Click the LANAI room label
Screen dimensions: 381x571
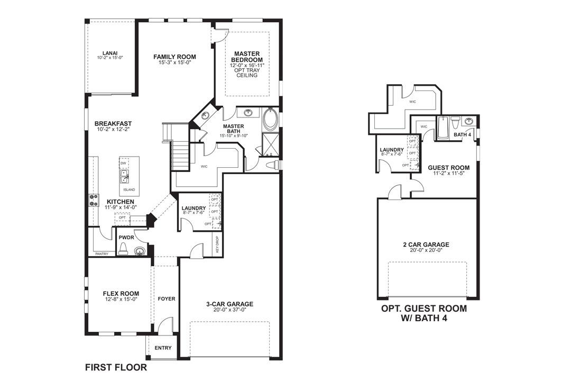110,53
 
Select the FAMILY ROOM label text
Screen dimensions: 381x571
174,57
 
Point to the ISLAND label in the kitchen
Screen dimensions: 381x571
129,189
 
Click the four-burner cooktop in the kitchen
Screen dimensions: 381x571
95,199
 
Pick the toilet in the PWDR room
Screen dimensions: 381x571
123,249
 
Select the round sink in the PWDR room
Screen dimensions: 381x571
140,251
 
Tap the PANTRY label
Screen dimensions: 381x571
102,254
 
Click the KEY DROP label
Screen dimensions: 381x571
217,243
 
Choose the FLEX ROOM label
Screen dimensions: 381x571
121,294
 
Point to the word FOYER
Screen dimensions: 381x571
167,299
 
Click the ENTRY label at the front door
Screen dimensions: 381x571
163,348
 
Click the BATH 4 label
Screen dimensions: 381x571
462,134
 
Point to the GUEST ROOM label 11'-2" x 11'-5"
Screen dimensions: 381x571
448,173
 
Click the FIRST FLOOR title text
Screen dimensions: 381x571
116,367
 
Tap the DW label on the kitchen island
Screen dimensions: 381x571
123,164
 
